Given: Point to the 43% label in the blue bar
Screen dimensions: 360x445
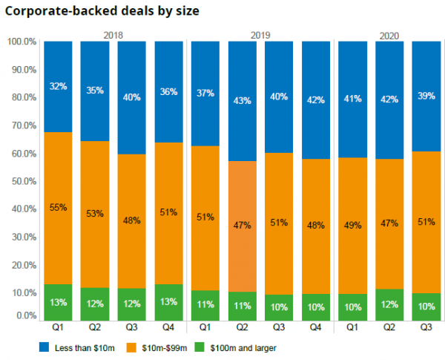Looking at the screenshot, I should pos(242,100).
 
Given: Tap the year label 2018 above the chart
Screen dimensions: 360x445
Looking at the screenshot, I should pos(113,35).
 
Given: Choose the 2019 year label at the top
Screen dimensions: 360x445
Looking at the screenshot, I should pos(260,35).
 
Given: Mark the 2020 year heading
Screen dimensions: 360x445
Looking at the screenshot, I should pos(389,35).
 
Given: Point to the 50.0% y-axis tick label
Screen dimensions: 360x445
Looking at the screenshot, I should pos(22,181).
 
